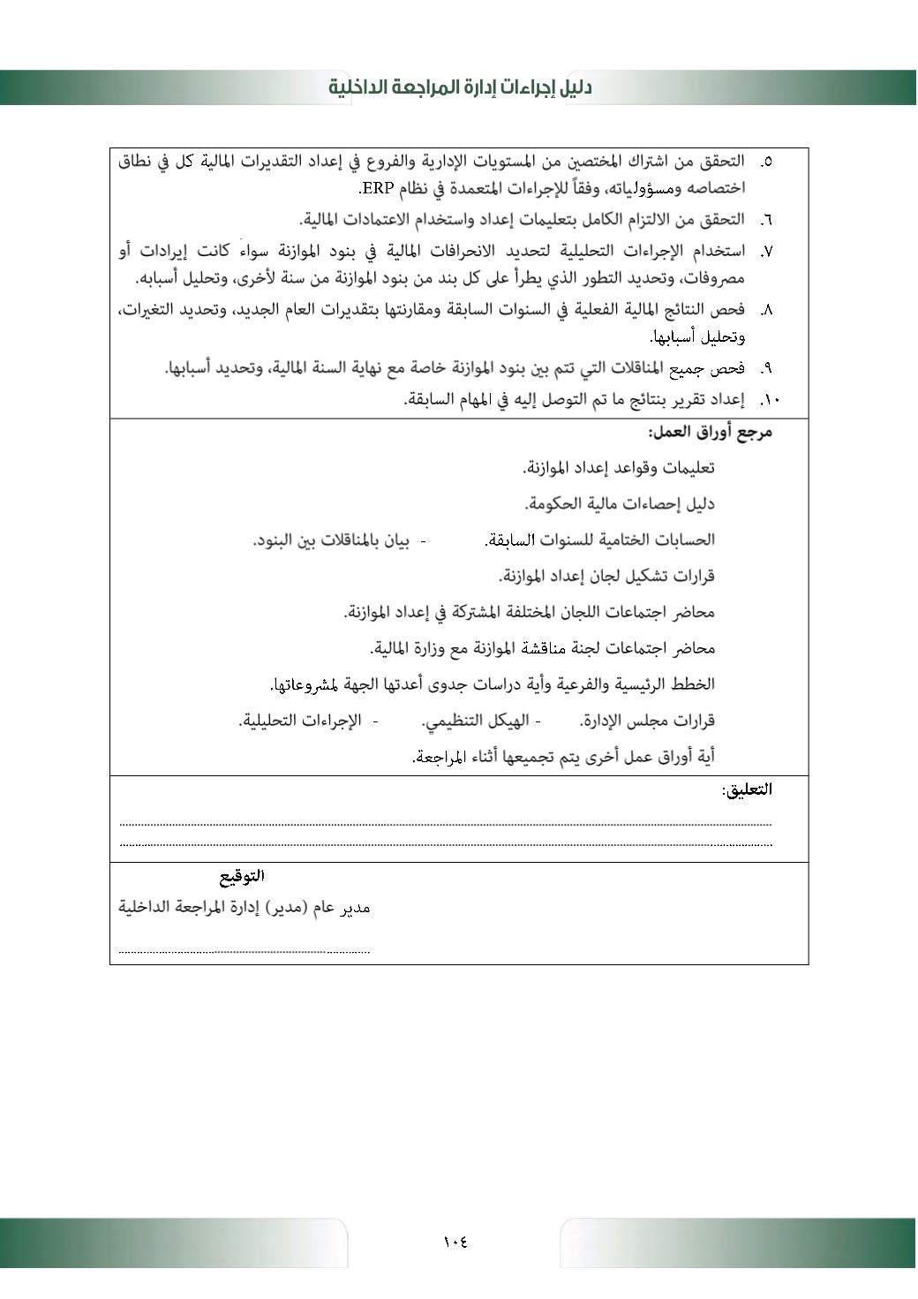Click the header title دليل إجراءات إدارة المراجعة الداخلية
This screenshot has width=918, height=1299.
coord(460,87)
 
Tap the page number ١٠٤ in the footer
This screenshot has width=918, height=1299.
coord(455,1242)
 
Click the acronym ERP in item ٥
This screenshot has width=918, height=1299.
coord(375,188)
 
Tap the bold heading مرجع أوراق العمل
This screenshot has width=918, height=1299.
coord(710,432)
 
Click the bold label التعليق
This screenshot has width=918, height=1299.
coord(747,789)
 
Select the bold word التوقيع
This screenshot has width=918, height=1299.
coord(242,876)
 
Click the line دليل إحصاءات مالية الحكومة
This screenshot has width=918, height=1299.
coord(620,504)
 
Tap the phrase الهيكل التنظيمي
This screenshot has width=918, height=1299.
coord(475,721)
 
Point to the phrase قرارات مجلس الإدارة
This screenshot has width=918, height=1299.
coord(647,721)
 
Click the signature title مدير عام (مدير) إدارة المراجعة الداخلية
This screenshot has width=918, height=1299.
coord(245,908)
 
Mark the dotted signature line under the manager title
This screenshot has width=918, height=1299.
coord(245,951)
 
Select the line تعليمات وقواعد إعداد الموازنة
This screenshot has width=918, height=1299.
coord(618,468)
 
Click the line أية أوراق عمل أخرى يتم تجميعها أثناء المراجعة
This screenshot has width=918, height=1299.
coord(563,757)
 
